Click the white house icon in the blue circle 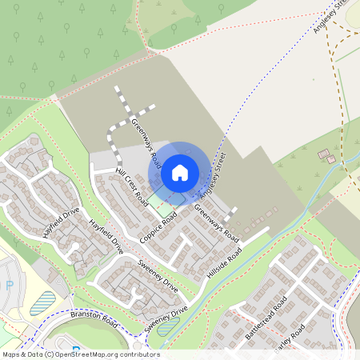[x=180, y=172]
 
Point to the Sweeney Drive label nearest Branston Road [x=166, y=319]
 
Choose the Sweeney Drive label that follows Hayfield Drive [x=157, y=274]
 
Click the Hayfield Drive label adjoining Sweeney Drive [x=108, y=236]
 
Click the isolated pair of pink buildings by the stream [x=326, y=155]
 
